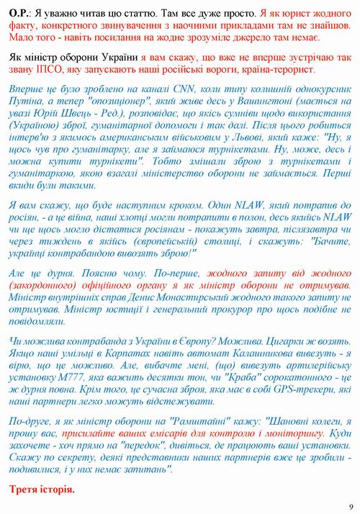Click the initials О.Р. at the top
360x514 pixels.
20,14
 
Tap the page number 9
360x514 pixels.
349,505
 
